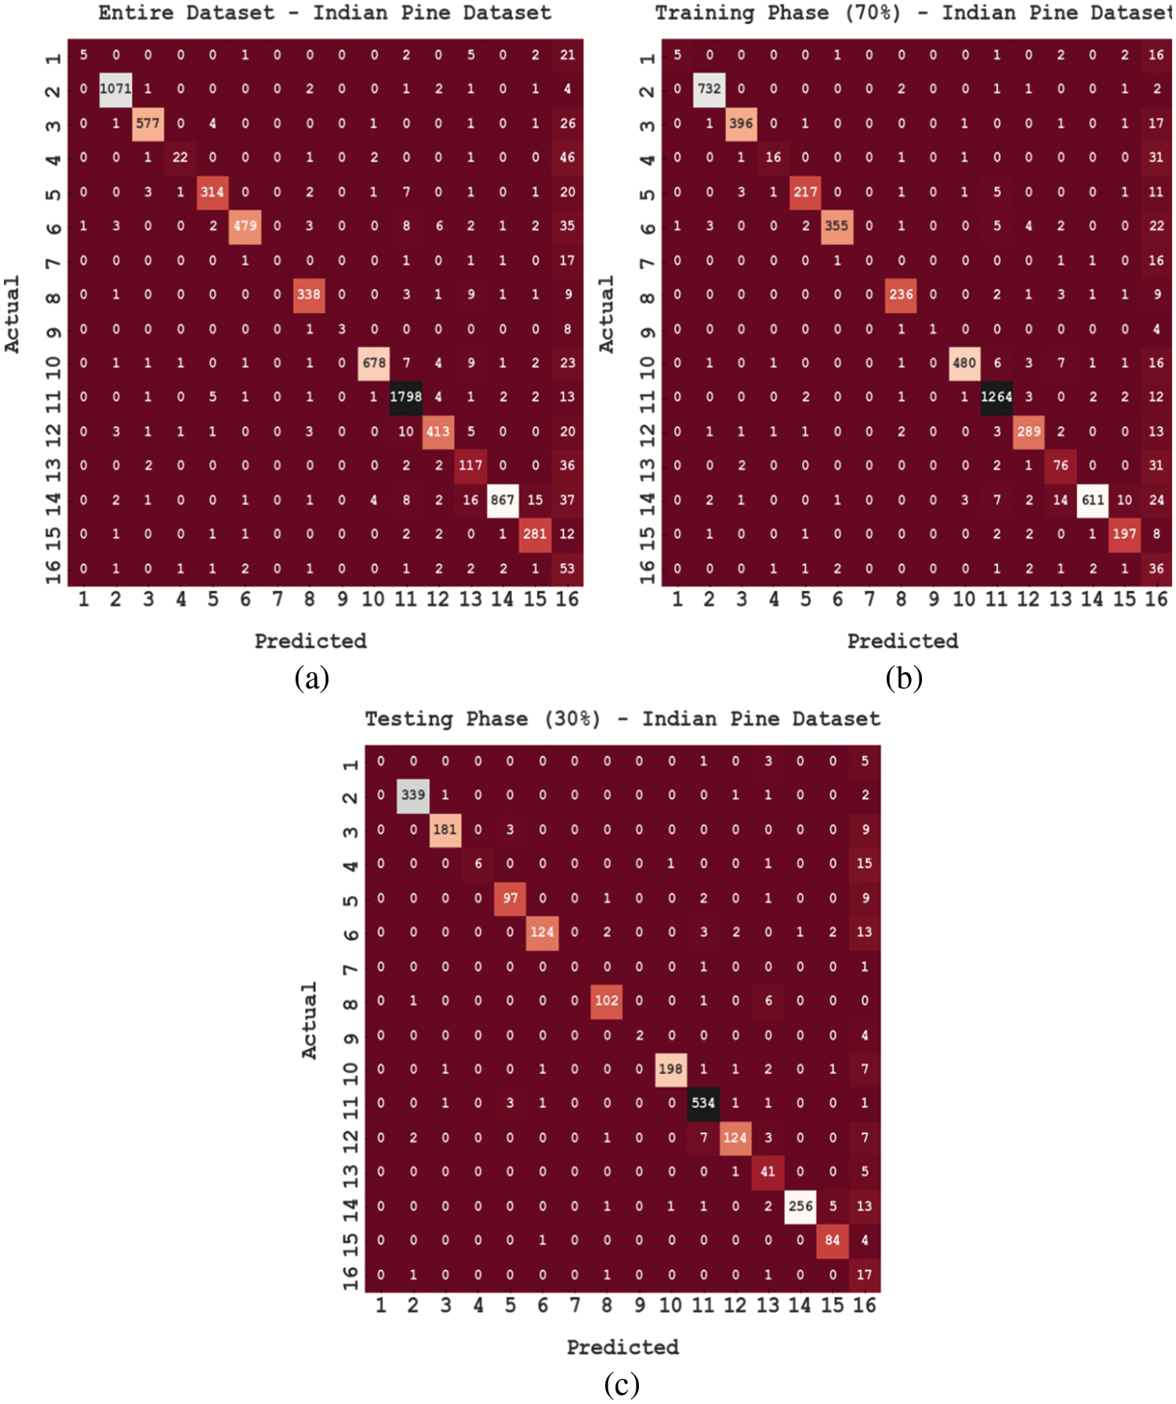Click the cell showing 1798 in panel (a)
point(406,396)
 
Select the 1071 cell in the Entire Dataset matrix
point(115,89)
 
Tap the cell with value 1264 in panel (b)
point(996,396)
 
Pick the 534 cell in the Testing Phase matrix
point(703,1103)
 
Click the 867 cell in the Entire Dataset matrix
point(503,500)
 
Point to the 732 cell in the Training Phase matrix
point(709,89)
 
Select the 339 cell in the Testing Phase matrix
point(413,794)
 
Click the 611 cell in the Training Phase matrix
point(1093,500)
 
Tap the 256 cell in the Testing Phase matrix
point(800,1206)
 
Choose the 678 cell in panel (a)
point(374,363)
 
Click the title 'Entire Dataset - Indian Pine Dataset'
point(325,13)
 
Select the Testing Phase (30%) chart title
point(622,718)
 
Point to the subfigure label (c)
point(622,1384)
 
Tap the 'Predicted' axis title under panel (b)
point(902,641)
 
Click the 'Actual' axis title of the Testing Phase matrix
point(309,1020)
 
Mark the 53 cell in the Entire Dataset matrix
point(567,568)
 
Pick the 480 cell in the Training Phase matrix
point(964,363)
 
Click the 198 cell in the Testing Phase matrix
point(670,1069)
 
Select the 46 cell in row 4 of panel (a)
point(567,157)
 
